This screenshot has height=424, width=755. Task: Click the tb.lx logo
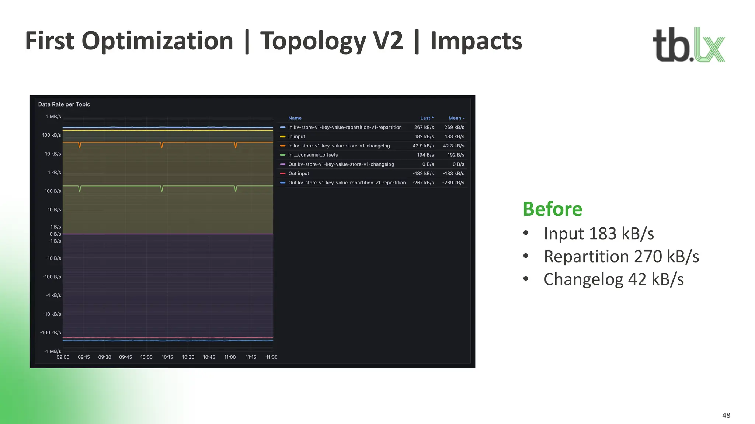(x=688, y=45)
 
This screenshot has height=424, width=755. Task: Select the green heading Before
(x=552, y=209)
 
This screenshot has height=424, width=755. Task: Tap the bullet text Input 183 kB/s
(x=598, y=234)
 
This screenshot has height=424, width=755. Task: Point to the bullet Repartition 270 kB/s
(x=621, y=257)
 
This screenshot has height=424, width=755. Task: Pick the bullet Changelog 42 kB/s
(x=613, y=279)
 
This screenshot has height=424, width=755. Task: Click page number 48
(x=726, y=415)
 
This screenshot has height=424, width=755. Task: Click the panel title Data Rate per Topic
(x=64, y=104)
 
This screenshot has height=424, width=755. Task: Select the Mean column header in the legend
(x=455, y=118)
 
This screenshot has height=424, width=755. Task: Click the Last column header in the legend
(x=427, y=118)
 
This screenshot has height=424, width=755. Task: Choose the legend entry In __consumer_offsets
(x=313, y=155)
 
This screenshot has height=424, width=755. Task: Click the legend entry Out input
(x=299, y=173)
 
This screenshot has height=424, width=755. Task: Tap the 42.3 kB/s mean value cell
(x=453, y=146)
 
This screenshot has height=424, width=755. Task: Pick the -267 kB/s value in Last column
(x=423, y=183)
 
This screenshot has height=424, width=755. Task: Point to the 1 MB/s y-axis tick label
(x=53, y=117)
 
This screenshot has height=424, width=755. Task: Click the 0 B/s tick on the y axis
(x=55, y=234)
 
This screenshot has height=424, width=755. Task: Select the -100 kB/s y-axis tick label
(x=51, y=333)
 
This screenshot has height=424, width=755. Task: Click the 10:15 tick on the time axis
(x=167, y=357)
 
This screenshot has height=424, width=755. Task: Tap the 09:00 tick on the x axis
(x=63, y=357)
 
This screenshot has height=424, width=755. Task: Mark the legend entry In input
(x=296, y=136)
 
